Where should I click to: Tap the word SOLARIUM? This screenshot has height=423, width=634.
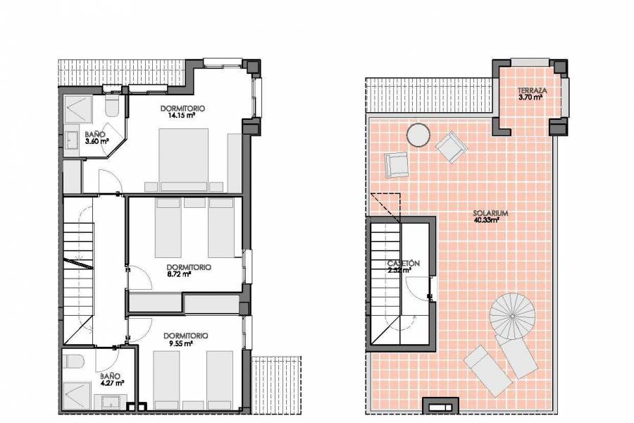coord(487,213)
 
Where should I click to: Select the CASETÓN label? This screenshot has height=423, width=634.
coord(404,263)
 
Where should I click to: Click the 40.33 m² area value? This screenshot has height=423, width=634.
coord(487,221)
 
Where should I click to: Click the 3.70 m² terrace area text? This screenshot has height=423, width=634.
coord(530,98)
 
